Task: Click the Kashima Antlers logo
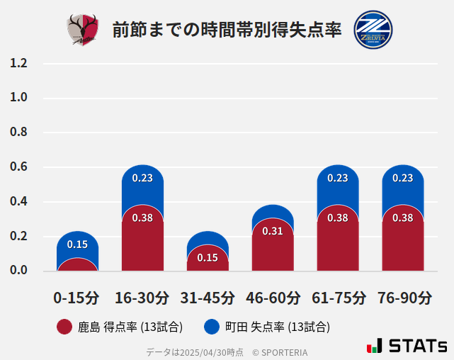[x=83, y=30]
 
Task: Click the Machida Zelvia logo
[x=373, y=29]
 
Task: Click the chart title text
[x=227, y=30]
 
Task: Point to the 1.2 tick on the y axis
[x=18, y=63]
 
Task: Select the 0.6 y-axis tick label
[x=18, y=167]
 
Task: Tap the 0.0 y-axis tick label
[x=18, y=271]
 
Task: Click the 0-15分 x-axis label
[x=77, y=298]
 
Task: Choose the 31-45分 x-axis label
[x=208, y=298]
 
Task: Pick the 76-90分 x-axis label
[x=403, y=298]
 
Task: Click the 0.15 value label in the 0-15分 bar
[x=77, y=244]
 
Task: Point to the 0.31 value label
[x=273, y=231]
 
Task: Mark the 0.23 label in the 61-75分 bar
[x=338, y=178]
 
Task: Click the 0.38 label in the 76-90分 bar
[x=403, y=218]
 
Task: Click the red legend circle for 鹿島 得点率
[x=64, y=327]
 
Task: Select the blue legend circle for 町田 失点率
[x=212, y=327]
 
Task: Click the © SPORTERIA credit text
[x=280, y=352]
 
